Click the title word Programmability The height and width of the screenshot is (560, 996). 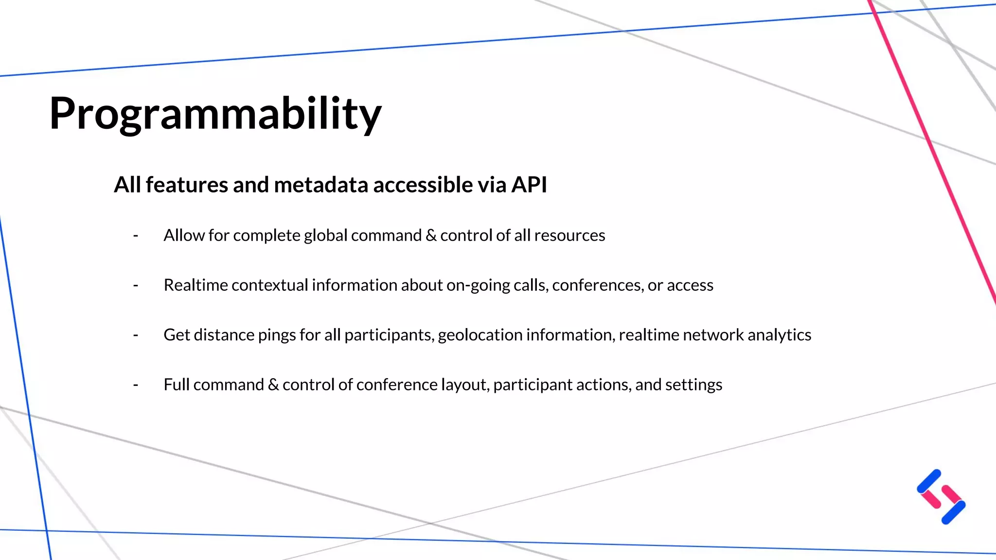215,114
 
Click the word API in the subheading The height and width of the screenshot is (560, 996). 529,185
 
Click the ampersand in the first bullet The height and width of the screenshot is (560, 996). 431,236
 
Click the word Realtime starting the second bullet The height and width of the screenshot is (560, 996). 196,285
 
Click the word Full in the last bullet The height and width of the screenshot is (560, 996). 176,385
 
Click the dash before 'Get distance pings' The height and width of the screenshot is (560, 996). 136,335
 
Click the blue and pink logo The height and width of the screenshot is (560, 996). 941,497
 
